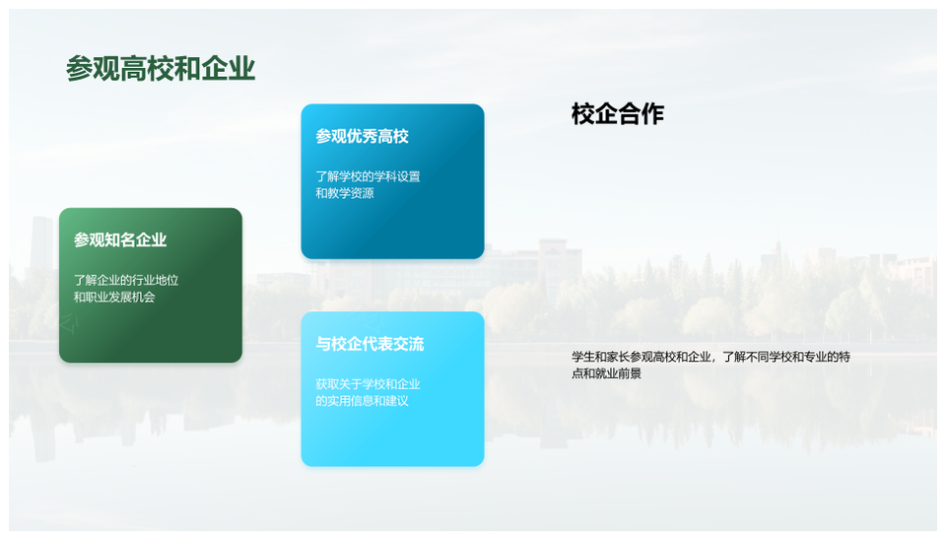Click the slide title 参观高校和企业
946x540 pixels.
tap(161, 68)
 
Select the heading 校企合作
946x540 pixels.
tap(618, 114)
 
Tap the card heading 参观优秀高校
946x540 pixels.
tap(362, 136)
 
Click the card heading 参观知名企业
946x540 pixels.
tap(120, 240)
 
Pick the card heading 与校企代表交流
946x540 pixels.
tap(370, 344)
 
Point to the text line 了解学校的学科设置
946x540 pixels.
tap(368, 176)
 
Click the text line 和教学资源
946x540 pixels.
tap(345, 193)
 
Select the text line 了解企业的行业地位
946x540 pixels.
tap(126, 281)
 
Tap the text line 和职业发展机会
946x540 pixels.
tap(114, 297)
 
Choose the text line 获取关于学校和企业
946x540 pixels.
tap(368, 384)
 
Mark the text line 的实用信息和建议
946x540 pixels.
tap(362, 401)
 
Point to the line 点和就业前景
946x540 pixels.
tap(606, 373)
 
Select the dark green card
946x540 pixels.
tap(151, 286)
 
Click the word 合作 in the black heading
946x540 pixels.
tap(641, 114)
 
